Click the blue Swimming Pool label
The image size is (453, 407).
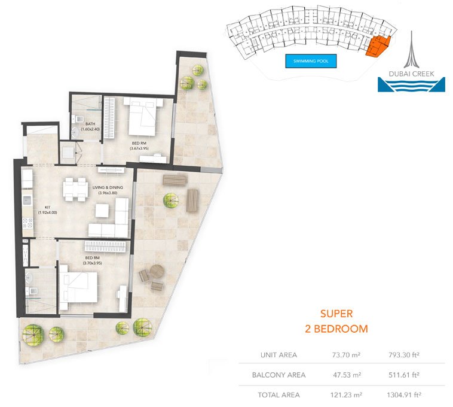[x=311, y=61]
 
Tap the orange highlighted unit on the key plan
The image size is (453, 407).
[x=378, y=46]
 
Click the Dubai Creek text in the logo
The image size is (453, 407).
[x=411, y=74]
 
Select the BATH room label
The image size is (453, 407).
[x=90, y=124]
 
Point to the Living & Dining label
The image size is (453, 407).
[x=108, y=187]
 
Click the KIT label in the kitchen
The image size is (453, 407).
[x=48, y=208]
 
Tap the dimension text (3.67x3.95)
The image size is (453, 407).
[x=139, y=148]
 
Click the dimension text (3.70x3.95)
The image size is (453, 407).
[x=93, y=263]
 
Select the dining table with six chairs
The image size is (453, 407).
[x=75, y=190]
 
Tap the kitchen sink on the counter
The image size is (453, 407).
[x=27, y=200]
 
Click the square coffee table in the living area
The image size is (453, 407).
[x=102, y=211]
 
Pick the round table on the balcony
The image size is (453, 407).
[x=157, y=272]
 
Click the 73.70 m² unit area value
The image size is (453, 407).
[x=346, y=355]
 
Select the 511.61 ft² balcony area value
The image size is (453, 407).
[x=404, y=375]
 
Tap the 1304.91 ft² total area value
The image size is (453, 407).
[x=404, y=395]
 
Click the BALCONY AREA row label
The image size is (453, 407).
[x=278, y=375]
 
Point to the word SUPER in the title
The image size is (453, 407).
[x=336, y=314]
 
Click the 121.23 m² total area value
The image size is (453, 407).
[x=346, y=395]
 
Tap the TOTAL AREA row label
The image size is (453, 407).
[x=278, y=395]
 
